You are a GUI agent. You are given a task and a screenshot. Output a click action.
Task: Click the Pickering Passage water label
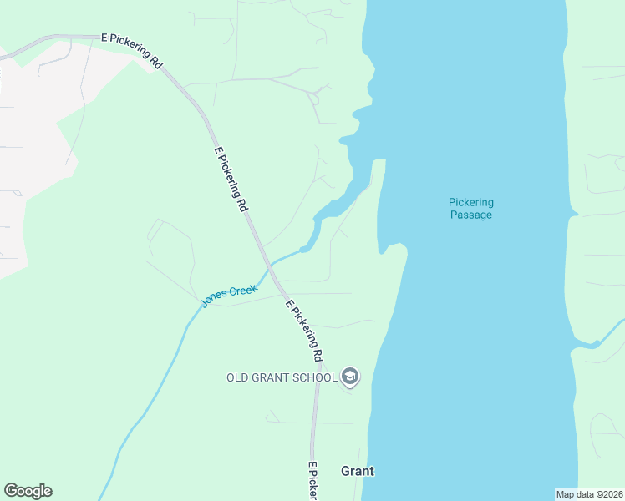470,208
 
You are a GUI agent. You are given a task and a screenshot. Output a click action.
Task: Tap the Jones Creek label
230,294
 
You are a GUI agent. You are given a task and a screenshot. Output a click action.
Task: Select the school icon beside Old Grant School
351,377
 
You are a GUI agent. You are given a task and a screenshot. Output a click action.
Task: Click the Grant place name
358,471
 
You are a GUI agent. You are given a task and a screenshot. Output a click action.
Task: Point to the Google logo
28,491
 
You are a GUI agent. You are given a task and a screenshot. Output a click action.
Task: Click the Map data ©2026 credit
590,494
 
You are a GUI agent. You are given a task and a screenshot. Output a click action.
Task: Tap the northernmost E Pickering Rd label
130,49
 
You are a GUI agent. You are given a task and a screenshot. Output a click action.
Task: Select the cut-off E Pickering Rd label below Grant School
313,483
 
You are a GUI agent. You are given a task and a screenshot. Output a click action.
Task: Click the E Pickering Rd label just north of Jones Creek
231,179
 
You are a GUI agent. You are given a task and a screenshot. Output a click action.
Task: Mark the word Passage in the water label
470,215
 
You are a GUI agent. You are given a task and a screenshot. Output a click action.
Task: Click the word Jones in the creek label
215,297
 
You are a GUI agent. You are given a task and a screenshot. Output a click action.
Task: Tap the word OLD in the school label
238,377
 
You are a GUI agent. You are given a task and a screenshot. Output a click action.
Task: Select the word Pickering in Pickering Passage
470,202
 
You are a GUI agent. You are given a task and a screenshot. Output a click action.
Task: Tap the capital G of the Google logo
11,491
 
